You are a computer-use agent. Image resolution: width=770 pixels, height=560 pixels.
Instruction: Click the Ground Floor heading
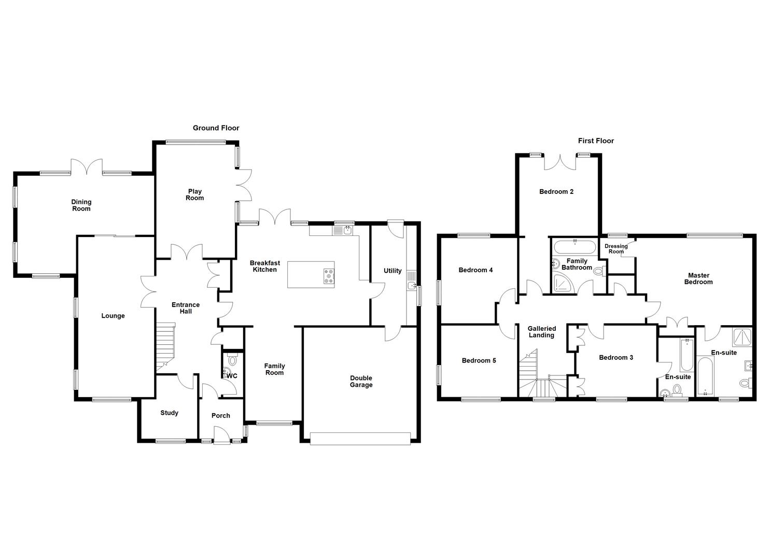point(216,128)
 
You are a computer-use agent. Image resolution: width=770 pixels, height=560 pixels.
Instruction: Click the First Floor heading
point(596,141)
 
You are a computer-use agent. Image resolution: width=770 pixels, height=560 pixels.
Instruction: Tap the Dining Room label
point(81,205)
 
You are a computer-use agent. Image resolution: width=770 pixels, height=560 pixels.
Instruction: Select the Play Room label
point(195,194)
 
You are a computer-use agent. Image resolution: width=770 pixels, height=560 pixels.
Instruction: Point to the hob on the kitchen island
point(328,275)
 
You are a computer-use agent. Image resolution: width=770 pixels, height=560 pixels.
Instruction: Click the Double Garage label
point(361,382)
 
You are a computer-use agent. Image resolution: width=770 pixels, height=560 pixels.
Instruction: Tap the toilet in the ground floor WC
point(232,359)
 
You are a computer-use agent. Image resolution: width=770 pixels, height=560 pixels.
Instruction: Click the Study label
point(169,413)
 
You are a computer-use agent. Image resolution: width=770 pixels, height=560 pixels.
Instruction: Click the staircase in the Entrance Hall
point(166,346)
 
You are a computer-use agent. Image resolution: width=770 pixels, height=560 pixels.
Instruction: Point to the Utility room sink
point(412,286)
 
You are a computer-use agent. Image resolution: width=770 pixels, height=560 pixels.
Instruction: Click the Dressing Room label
point(616,249)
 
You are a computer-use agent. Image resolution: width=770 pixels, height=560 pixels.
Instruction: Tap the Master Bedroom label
point(698,279)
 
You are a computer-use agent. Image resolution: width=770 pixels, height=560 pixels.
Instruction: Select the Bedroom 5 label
point(479,360)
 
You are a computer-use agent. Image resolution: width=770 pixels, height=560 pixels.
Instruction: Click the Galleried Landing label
point(541,332)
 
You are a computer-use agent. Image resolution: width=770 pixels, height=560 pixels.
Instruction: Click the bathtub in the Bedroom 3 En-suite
point(687,354)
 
